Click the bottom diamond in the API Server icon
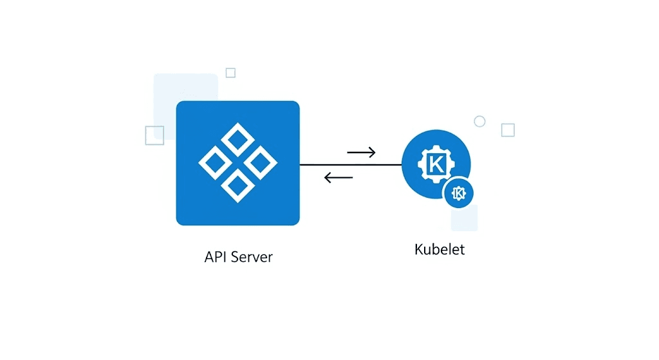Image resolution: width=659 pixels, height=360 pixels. coord(237,185)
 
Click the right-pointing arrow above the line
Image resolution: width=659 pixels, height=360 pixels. coord(361,153)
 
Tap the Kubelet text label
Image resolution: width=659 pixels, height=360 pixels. coord(439,249)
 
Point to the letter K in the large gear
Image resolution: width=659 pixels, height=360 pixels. coord(436,164)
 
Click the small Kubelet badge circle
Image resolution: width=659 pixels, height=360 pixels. coord(459,193)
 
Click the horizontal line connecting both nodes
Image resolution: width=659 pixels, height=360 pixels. coord(351,165)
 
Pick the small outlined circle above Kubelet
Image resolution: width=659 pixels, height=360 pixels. coord(479,121)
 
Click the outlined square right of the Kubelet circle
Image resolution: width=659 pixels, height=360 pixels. coord(508,130)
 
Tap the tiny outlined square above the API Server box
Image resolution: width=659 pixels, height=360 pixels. coord(230,73)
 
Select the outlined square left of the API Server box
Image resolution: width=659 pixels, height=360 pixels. coord(154,135)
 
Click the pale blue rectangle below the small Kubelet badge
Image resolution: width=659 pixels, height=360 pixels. coord(465,221)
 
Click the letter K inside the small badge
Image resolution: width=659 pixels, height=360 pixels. coord(459,193)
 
